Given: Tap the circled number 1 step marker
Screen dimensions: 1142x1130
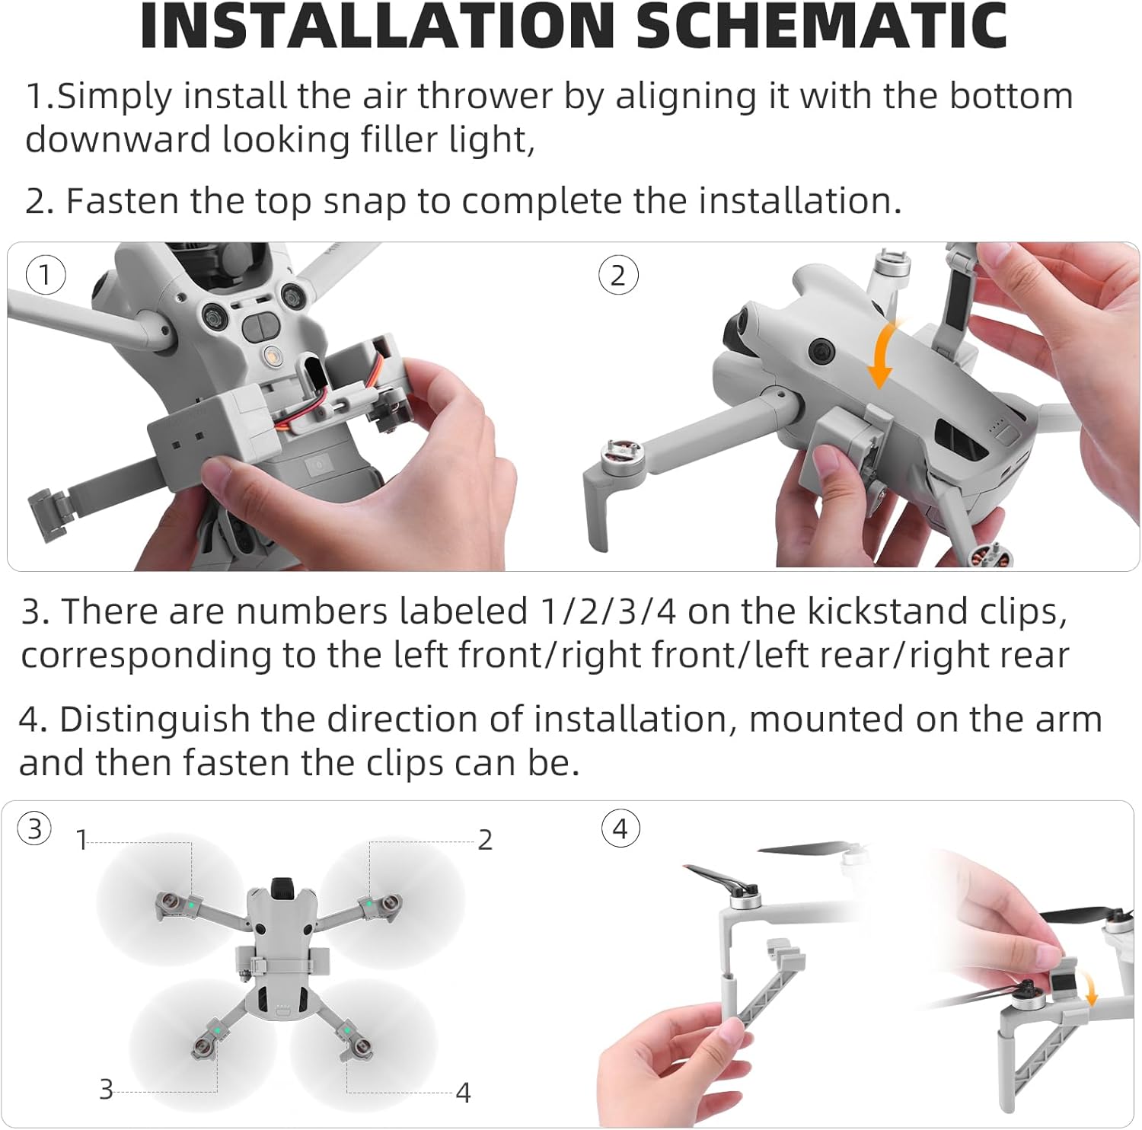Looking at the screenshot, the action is point(46,274).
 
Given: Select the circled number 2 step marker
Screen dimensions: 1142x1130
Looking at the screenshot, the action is point(618,275).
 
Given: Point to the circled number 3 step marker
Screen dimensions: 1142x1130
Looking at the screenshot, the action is point(35,828).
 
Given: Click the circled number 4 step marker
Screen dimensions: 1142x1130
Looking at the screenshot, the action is point(620,828).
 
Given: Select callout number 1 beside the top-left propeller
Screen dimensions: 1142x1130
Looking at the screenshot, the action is point(81,840).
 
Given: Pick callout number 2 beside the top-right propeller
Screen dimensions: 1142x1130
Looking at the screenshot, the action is point(485,840).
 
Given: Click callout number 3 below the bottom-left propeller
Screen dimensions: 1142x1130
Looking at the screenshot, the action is point(107,1090).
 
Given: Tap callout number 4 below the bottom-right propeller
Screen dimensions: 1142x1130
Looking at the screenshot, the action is point(463,1093).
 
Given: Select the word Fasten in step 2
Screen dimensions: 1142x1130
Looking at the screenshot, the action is point(123,201).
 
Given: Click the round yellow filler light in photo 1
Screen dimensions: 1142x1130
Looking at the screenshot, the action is point(270,356).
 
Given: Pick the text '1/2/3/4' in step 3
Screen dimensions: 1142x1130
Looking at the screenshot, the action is point(608,611).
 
